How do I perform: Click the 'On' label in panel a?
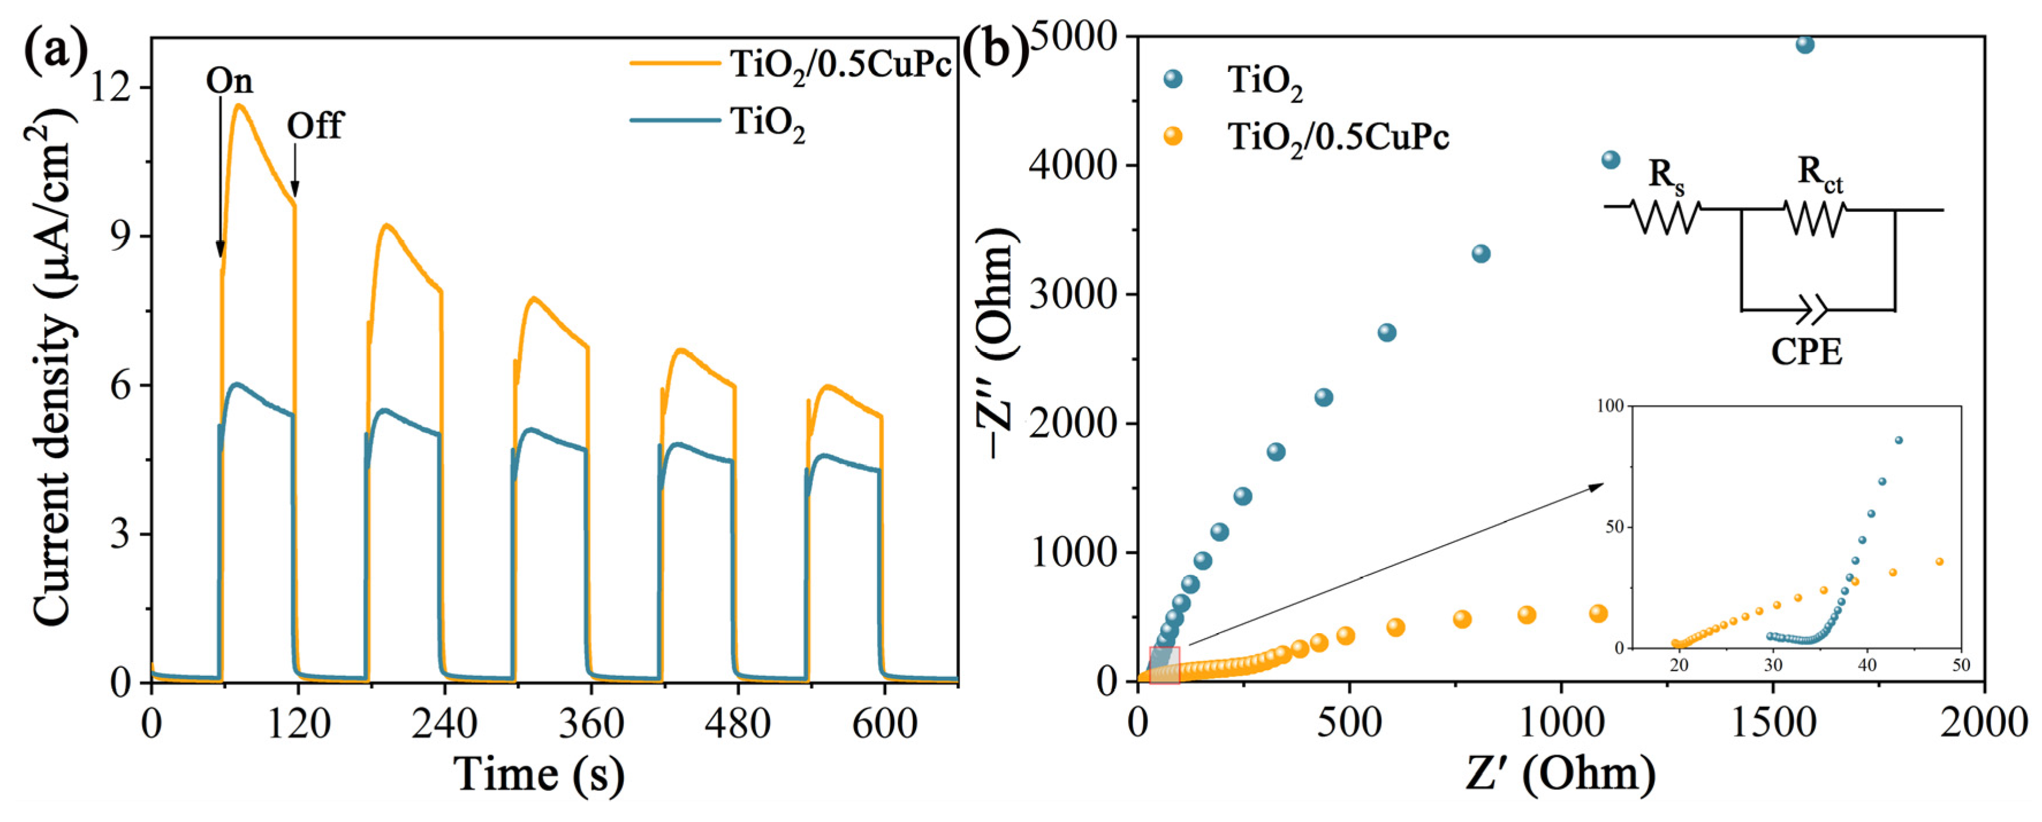click(229, 81)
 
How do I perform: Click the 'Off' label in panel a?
click(315, 125)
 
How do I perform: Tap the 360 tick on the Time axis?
click(590, 724)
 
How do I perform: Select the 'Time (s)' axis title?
click(540, 774)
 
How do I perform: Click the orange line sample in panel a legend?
click(675, 63)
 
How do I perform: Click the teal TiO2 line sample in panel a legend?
click(675, 120)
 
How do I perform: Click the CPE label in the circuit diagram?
click(1807, 352)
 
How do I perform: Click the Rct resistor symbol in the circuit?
click(1814, 218)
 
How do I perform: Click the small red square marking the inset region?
click(1164, 664)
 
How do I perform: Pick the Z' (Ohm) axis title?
click(1560, 774)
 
